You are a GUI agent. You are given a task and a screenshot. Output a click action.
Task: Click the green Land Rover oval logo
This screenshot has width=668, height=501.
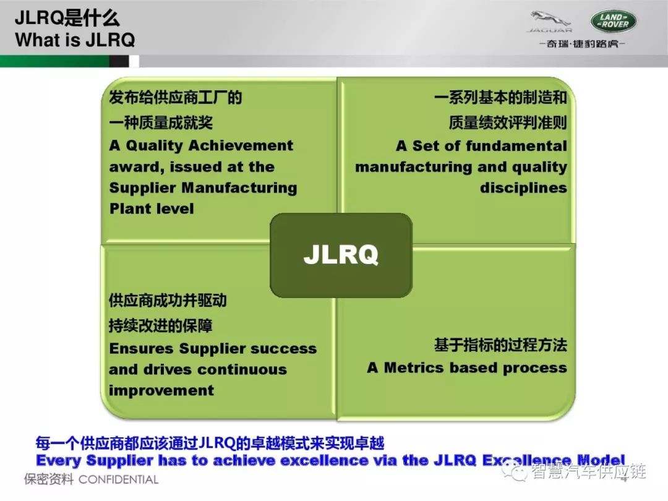tap(614, 21)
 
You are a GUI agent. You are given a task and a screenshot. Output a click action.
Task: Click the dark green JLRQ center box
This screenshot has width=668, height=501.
tap(341, 255)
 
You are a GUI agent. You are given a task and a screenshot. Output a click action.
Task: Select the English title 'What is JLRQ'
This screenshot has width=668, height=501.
tap(75, 40)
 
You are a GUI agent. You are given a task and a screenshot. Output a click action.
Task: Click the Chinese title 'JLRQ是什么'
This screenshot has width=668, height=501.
tap(67, 18)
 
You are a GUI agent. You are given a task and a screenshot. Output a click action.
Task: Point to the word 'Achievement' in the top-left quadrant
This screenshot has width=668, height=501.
tap(241, 146)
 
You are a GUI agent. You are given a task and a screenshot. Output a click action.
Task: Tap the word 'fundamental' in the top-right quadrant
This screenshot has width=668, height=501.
tap(516, 146)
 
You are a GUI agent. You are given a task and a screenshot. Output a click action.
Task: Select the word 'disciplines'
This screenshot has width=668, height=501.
tap(524, 187)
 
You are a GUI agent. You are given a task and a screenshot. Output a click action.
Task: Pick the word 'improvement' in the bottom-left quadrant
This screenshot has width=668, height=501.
tap(161, 390)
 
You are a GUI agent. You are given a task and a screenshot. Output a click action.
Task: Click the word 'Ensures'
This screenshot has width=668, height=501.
tap(142, 348)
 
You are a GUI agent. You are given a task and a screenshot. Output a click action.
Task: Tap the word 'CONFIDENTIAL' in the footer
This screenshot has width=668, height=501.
tap(118, 480)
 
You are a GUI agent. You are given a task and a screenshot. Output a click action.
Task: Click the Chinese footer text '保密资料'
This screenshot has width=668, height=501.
tap(49, 479)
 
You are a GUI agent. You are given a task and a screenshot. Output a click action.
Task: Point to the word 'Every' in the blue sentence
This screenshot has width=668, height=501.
tap(59, 461)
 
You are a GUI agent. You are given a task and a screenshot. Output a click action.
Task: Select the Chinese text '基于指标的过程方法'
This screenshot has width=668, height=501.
tap(500, 345)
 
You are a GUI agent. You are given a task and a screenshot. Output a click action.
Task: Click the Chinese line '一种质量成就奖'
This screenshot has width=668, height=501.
tap(161, 122)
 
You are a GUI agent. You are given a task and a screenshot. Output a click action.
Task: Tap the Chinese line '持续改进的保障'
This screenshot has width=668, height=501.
tap(161, 326)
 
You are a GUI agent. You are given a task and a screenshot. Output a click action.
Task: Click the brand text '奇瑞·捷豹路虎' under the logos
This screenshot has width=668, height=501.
tap(582, 44)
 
